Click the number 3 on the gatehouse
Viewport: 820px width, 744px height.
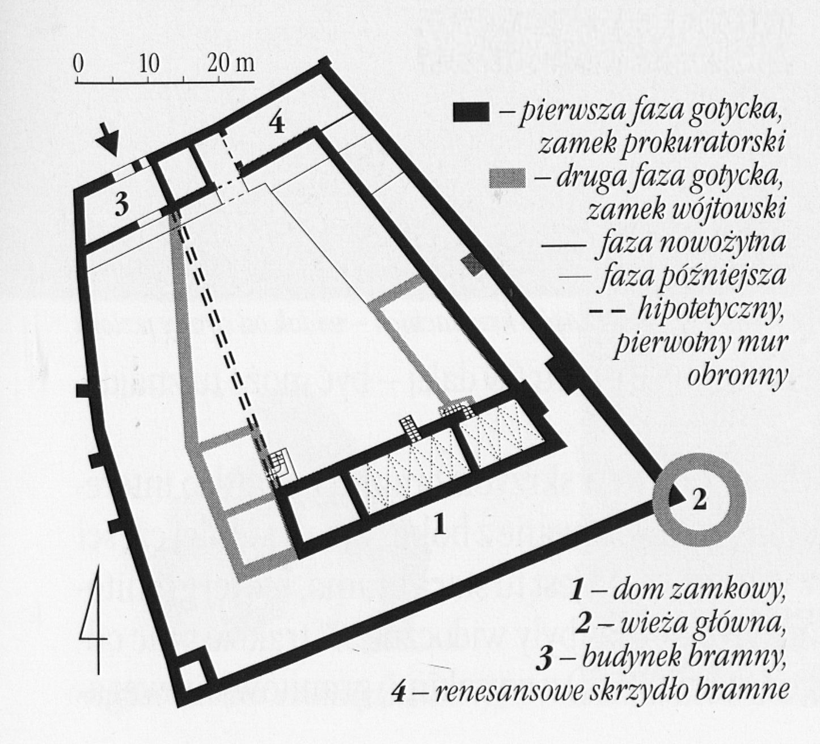[x=122, y=204]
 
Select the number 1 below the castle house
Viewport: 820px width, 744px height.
[x=439, y=525]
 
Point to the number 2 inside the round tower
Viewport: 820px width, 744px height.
[x=699, y=500]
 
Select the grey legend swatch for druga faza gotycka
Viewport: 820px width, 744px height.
[x=508, y=178]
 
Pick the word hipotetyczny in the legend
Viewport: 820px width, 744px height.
[x=711, y=314]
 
